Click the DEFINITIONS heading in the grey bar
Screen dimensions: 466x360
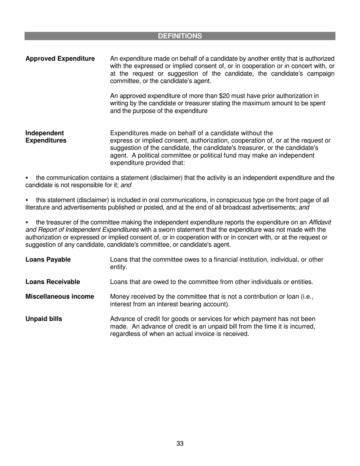point(180,36)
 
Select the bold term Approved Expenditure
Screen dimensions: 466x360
point(60,59)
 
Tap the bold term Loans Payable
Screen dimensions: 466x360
point(48,260)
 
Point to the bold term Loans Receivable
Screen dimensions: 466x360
point(53,282)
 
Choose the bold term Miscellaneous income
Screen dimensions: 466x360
point(59,297)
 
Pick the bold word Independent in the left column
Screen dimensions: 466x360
point(44,133)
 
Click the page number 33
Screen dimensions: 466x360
point(180,444)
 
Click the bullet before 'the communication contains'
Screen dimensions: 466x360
point(27,178)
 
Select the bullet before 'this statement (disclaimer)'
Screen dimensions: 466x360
point(27,200)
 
